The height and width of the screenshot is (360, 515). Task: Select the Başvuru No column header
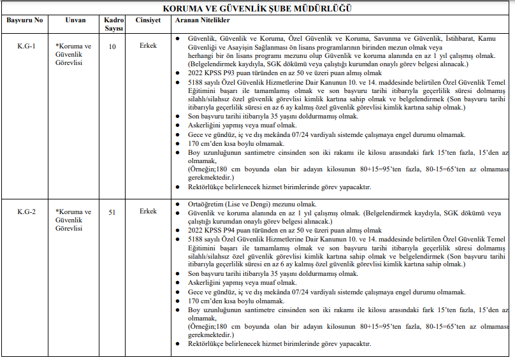25,20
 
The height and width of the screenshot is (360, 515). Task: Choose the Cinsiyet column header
148,20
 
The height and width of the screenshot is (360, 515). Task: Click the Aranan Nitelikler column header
202,20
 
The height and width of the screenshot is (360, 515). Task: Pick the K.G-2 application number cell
26,212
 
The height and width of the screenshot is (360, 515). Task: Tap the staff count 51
112,212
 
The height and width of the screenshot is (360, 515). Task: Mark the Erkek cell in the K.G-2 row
148,212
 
